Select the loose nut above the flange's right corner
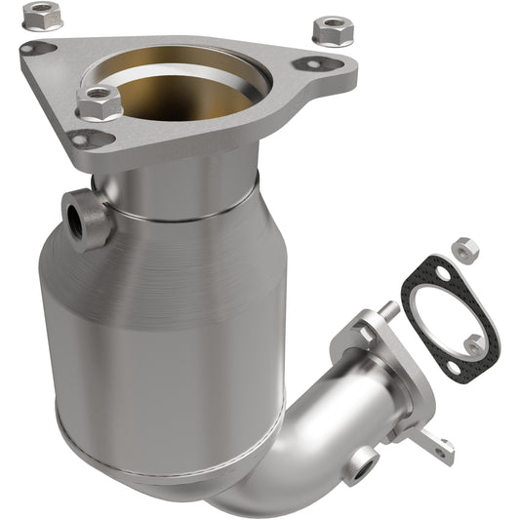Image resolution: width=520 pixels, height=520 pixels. click(332, 28)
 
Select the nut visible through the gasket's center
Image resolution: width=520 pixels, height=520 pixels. click(474, 342)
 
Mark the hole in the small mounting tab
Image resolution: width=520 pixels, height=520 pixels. click(447, 449)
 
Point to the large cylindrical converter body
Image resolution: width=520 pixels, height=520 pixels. click(166, 332)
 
